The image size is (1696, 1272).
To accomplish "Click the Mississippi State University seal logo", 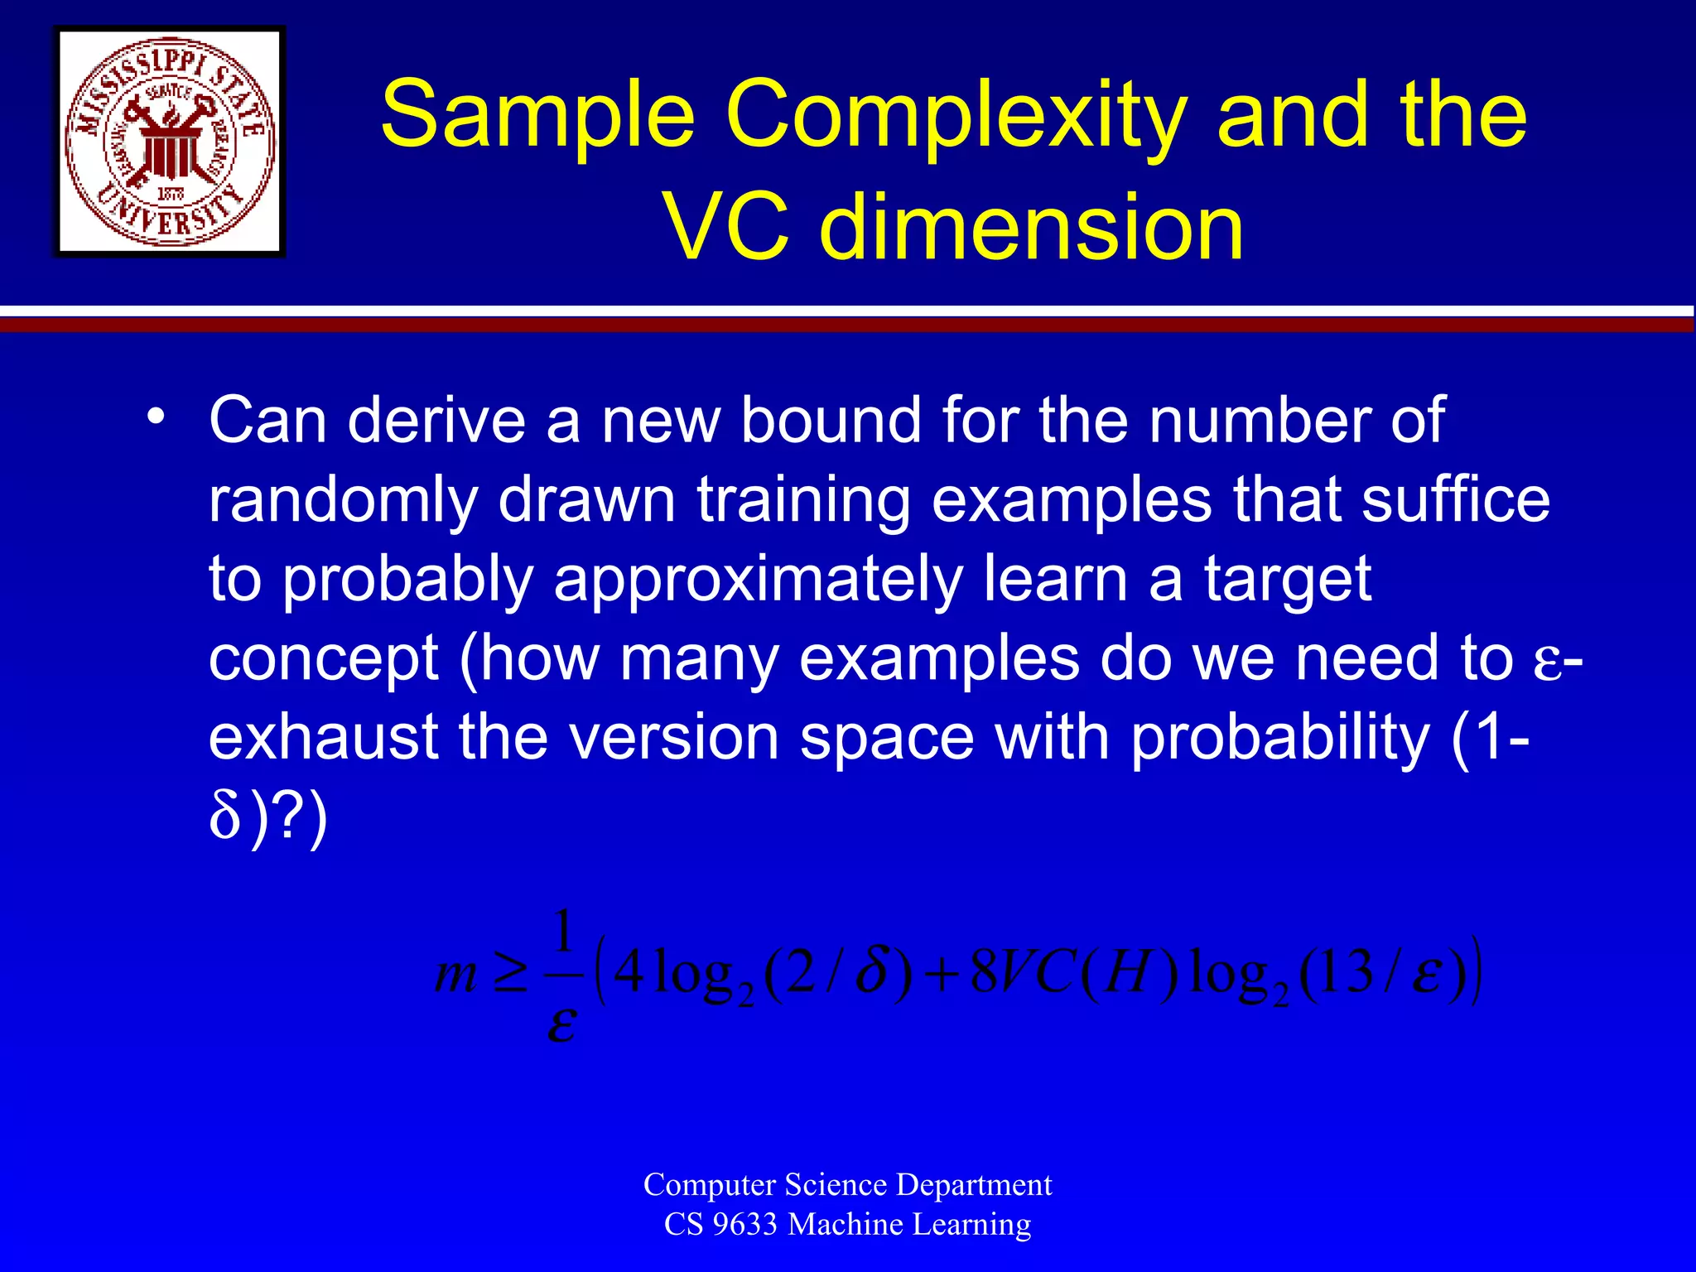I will click(170, 142).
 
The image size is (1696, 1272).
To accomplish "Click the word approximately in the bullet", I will click(758, 581).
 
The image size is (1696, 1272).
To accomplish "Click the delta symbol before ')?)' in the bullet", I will click(224, 818).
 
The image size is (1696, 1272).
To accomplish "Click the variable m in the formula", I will click(456, 974).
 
